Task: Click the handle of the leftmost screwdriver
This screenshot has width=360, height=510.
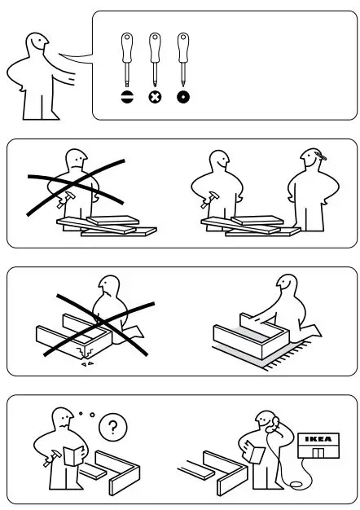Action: coord(127,46)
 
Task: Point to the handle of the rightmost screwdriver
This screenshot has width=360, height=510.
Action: coord(182,46)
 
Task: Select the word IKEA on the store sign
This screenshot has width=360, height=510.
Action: coord(318,439)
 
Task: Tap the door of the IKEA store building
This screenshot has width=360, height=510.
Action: coord(318,452)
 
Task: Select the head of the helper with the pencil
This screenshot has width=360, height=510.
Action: coord(312,159)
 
